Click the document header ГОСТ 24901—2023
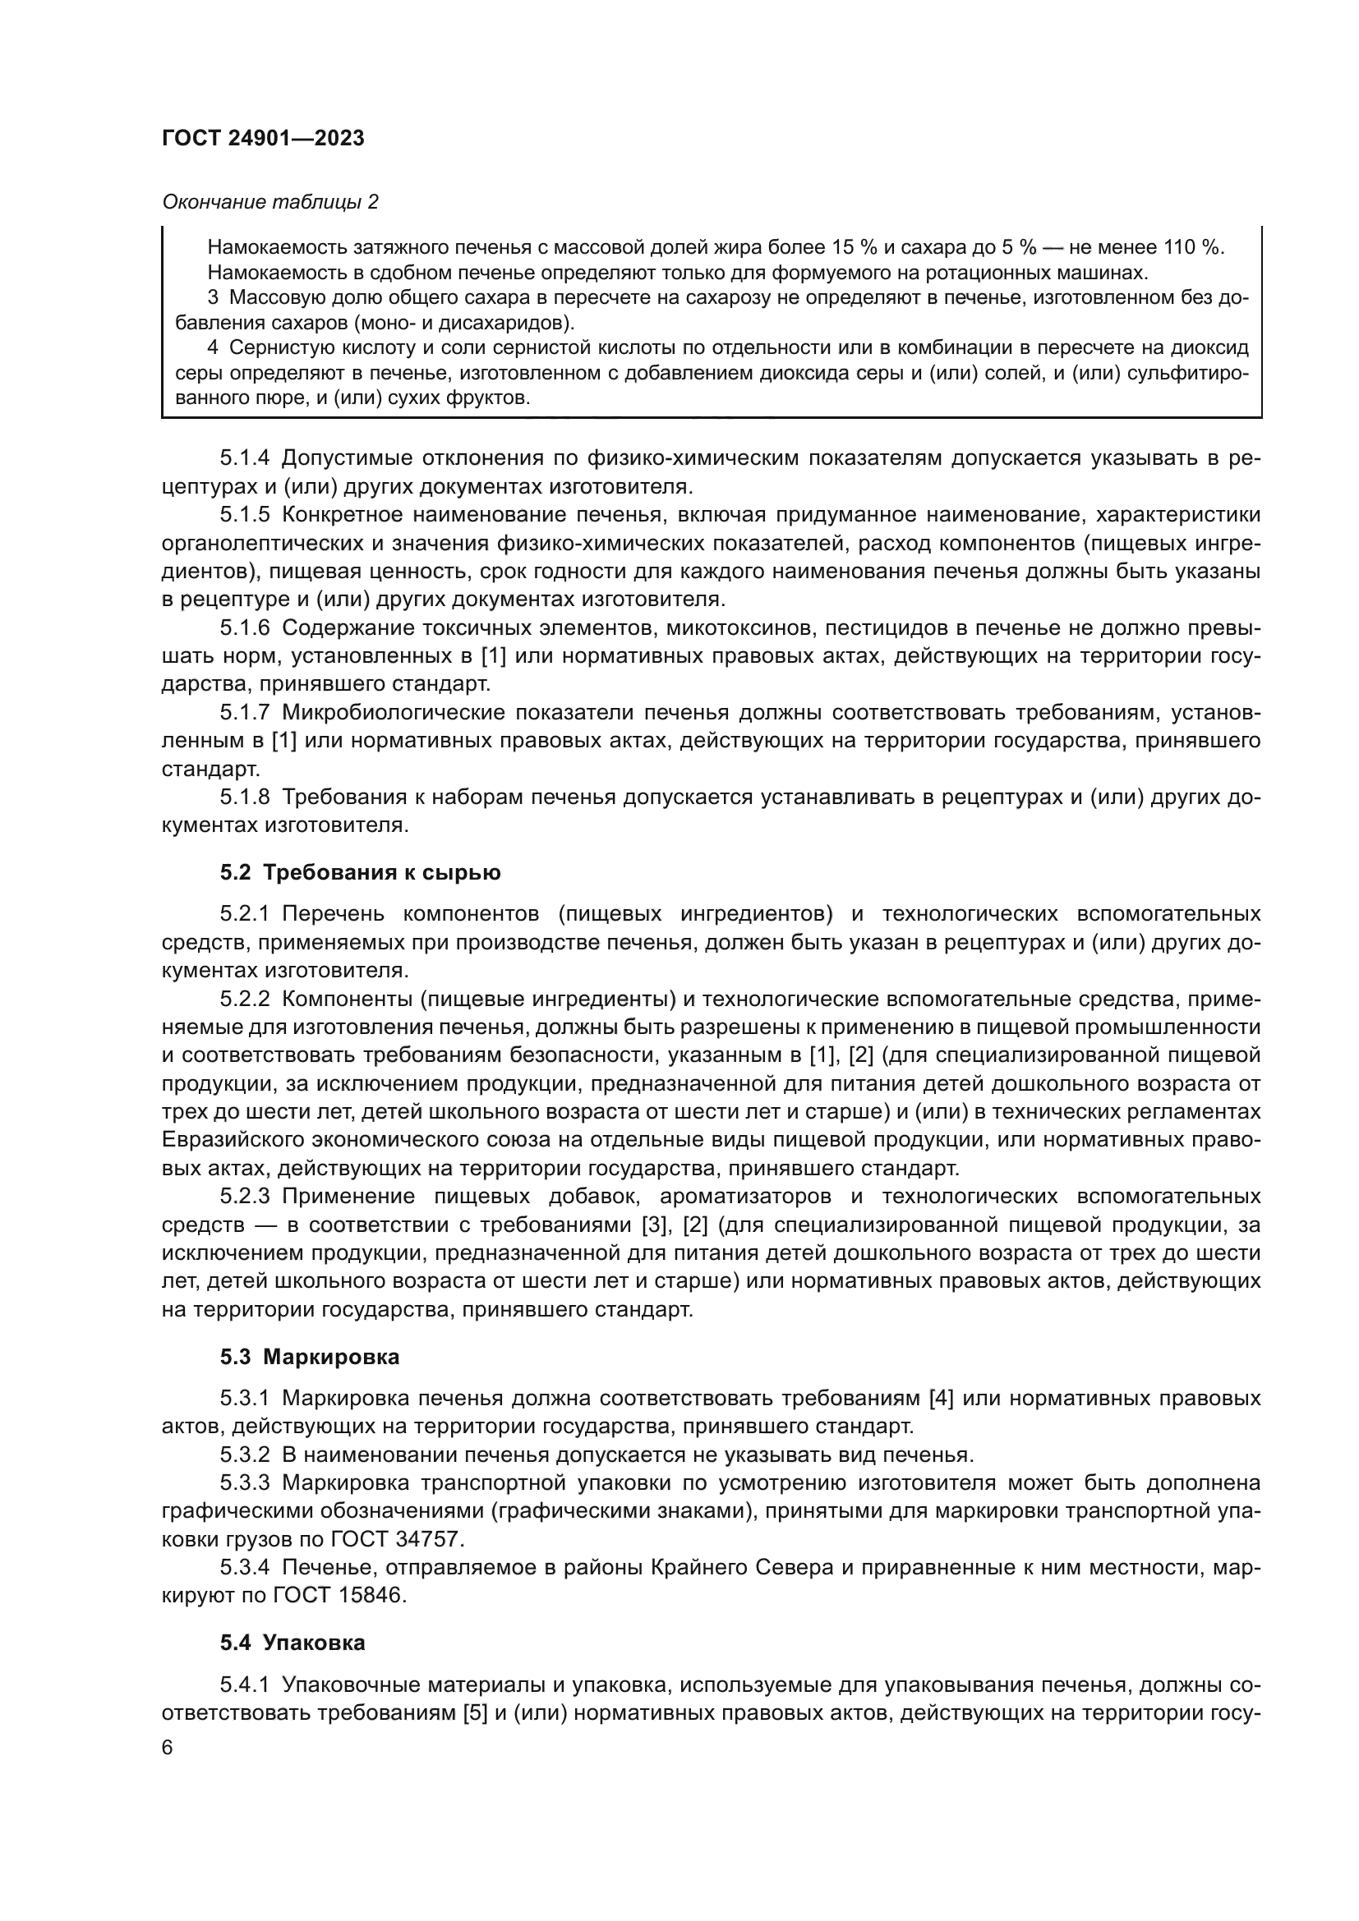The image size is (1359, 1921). (x=263, y=139)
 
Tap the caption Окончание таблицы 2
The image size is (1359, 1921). (x=269, y=202)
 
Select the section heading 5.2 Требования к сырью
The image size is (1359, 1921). (x=360, y=873)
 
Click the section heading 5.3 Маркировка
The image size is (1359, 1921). (x=310, y=1357)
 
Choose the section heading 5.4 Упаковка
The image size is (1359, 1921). (x=293, y=1643)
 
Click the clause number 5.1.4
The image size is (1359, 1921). (x=244, y=457)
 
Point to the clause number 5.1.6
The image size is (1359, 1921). (x=244, y=628)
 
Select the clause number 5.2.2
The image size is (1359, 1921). (x=244, y=999)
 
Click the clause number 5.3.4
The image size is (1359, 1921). (x=244, y=1567)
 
